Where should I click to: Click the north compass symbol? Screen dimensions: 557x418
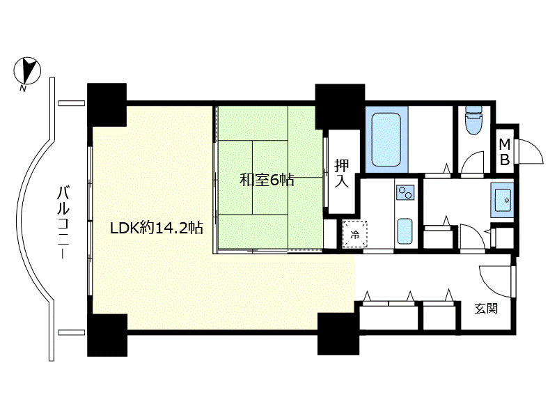coord(27,70)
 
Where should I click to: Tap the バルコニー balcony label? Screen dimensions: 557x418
coord(63,222)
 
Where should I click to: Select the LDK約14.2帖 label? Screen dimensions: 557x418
coord(157,228)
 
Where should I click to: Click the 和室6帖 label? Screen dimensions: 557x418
coord(267,180)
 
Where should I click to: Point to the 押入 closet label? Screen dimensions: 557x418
coord(341,173)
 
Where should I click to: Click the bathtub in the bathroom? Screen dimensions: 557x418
coord(386,139)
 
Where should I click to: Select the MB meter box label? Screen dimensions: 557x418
coord(505,152)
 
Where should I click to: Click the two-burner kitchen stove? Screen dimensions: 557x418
coord(406,192)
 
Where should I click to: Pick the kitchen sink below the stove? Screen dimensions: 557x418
coord(405,231)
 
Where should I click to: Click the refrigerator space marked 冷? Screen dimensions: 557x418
coord(354,234)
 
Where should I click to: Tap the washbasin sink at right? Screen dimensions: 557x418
coord(502,200)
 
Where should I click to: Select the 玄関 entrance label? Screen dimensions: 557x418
coord(486,309)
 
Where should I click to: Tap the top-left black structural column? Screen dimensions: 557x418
coord(107,105)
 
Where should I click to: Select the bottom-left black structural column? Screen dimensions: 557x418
coord(107,335)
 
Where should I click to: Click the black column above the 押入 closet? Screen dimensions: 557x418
coord(340,107)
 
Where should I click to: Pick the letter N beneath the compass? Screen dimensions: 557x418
coord(23,88)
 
